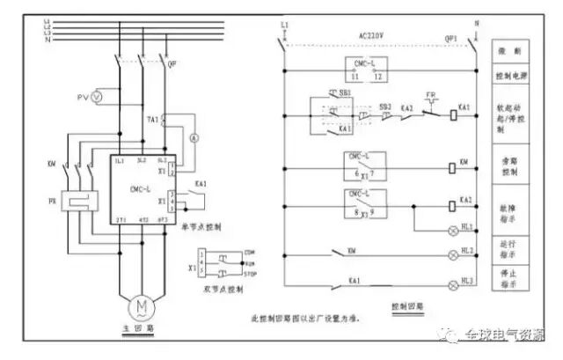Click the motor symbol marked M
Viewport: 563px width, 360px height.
(x=141, y=305)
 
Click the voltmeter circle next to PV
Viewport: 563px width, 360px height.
(x=98, y=94)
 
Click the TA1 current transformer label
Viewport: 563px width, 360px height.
(x=152, y=119)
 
